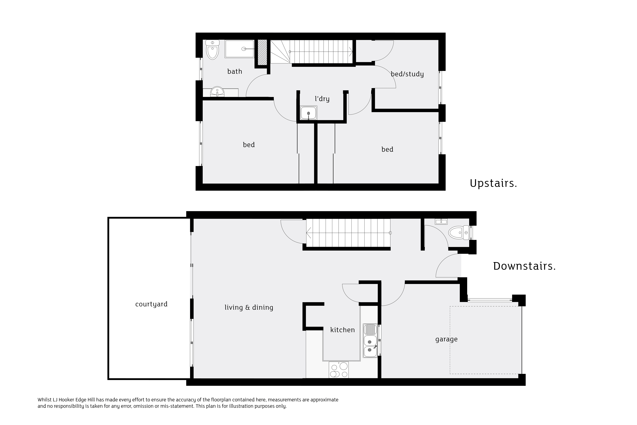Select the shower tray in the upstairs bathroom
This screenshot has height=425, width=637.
[239, 49]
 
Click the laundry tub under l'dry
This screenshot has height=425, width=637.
[308, 113]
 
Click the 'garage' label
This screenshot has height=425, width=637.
[446, 339]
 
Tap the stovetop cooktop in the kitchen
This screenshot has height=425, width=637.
[339, 370]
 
